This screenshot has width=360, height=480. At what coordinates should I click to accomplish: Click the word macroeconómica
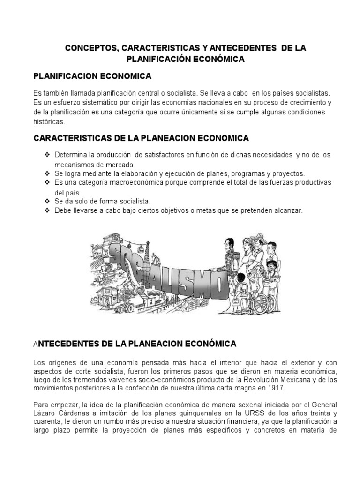[137, 182]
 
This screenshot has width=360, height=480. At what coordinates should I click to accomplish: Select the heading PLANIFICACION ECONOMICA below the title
[92, 75]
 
